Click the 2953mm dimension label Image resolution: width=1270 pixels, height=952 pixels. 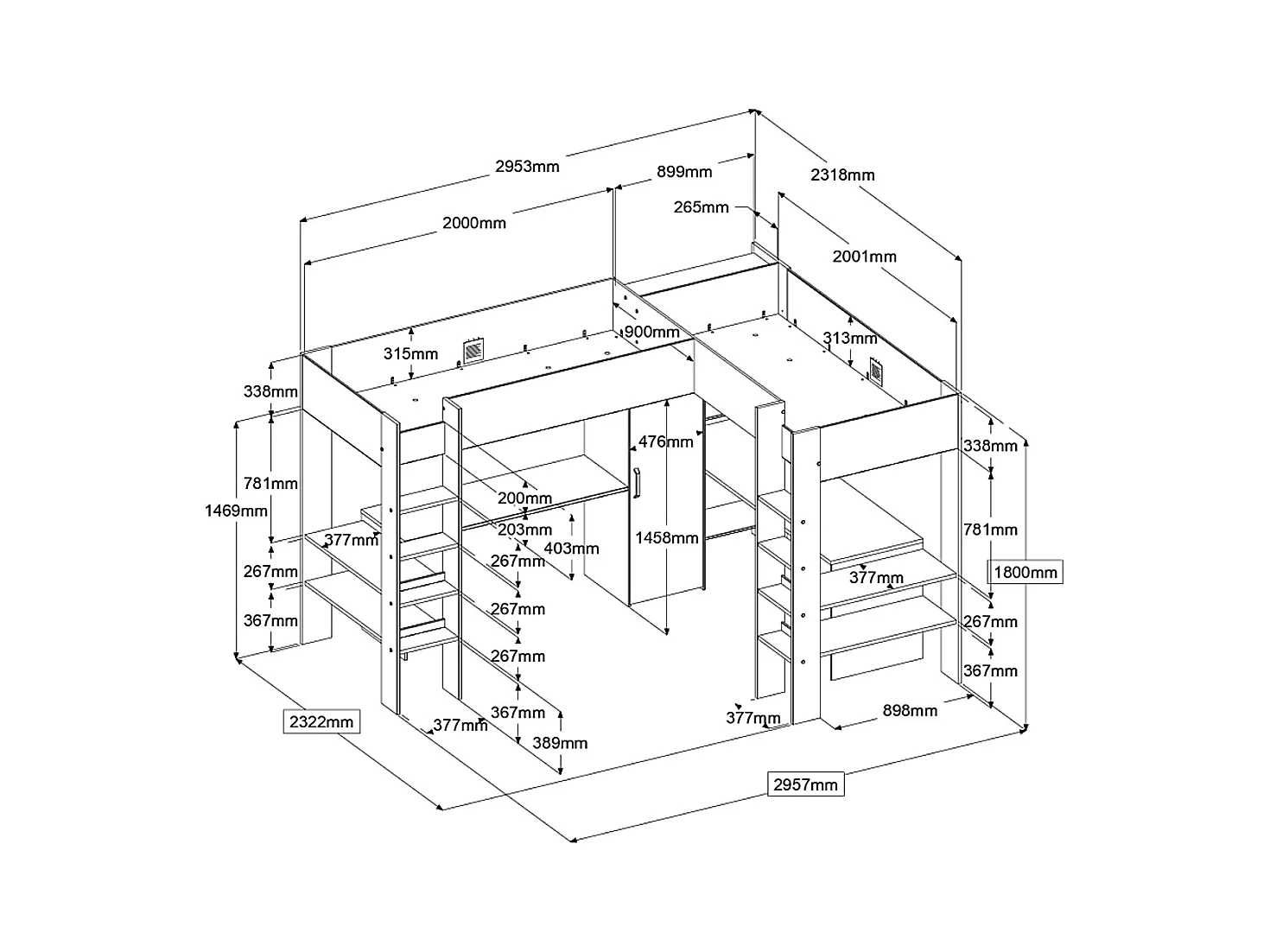coord(526,167)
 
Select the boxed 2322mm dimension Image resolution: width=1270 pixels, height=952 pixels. coord(321,722)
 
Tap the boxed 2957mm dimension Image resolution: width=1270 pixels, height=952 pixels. coord(805,784)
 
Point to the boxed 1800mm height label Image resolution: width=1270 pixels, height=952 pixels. coord(1025,572)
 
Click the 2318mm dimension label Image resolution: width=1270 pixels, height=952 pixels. coord(842,175)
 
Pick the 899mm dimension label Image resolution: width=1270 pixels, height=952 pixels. coord(684,172)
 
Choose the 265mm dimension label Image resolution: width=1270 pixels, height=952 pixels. coord(701,207)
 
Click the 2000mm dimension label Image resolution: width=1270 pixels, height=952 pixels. coord(473,223)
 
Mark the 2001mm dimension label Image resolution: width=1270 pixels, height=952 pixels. coord(865,257)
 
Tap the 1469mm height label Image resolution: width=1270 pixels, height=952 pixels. coord(236,511)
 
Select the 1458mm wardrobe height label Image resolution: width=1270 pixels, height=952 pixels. coord(666,538)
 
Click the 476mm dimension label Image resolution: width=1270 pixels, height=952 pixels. coord(665,441)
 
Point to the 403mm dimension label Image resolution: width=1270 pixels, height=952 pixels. coord(571,549)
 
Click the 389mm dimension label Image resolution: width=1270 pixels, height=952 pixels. coord(560,743)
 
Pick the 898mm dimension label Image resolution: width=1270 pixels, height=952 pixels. coord(910,711)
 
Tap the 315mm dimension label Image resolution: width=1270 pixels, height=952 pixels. coord(410,353)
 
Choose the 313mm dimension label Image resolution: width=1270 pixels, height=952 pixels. coord(850,339)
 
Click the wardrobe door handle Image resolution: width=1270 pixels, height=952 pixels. coord(637,483)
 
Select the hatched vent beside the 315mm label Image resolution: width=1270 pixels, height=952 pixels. coord(473,351)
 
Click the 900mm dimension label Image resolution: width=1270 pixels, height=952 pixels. coord(651,332)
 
